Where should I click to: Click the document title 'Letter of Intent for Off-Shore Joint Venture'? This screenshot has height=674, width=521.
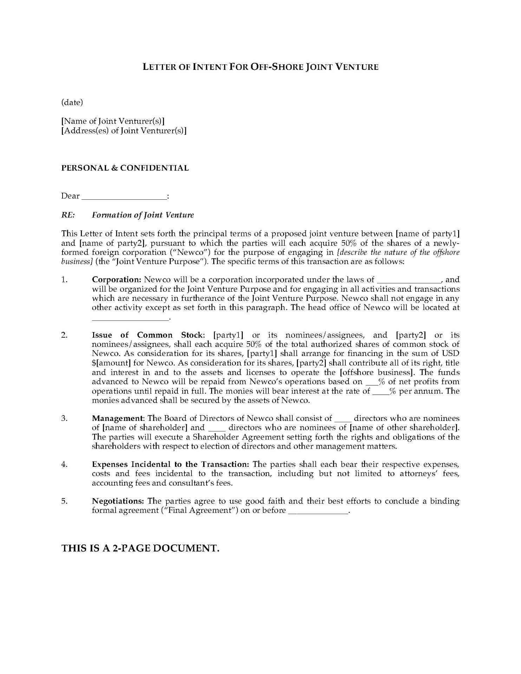[260, 67]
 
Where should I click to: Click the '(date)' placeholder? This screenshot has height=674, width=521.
[72, 103]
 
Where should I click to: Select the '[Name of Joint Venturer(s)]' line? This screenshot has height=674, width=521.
[113, 121]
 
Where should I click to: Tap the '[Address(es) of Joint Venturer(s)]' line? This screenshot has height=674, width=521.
[124, 131]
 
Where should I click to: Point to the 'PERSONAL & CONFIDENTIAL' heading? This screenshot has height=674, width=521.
[125, 168]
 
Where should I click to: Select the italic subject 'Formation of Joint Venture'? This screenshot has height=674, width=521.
[143, 215]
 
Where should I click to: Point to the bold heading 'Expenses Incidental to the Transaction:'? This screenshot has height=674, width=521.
[171, 464]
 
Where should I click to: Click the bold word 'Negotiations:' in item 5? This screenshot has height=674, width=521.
[118, 501]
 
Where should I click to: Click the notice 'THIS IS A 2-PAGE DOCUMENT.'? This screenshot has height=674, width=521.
[141, 548]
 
